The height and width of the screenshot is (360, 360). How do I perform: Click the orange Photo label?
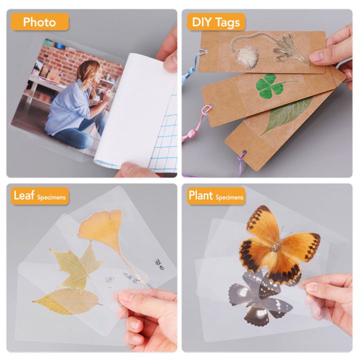coord(39,22)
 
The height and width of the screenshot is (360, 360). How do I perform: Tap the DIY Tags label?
coord(216,22)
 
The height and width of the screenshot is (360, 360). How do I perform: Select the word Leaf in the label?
coord(24,195)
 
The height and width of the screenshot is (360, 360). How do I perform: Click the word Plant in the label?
coord(200,195)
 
